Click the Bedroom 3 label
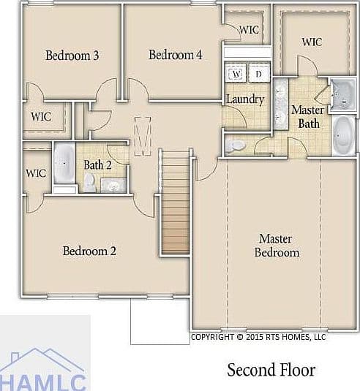pos(72,56)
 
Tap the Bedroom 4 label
pos(176,55)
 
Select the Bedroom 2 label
pos(89,251)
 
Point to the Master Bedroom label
pos(277,246)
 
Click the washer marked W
pos(236,74)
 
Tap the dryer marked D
pos(259,74)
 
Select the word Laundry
pos(245,99)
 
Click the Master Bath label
pos(308,117)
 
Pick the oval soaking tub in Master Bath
pos(343,135)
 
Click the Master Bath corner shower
pos(343,95)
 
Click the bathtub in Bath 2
pos(64,163)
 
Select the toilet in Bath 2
pos(89,183)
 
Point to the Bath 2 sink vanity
pos(113,186)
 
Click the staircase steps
pos(176,202)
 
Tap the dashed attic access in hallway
pos(143,136)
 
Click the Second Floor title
pos(271,370)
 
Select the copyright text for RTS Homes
pos(258,337)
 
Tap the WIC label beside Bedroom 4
pos(250,30)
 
